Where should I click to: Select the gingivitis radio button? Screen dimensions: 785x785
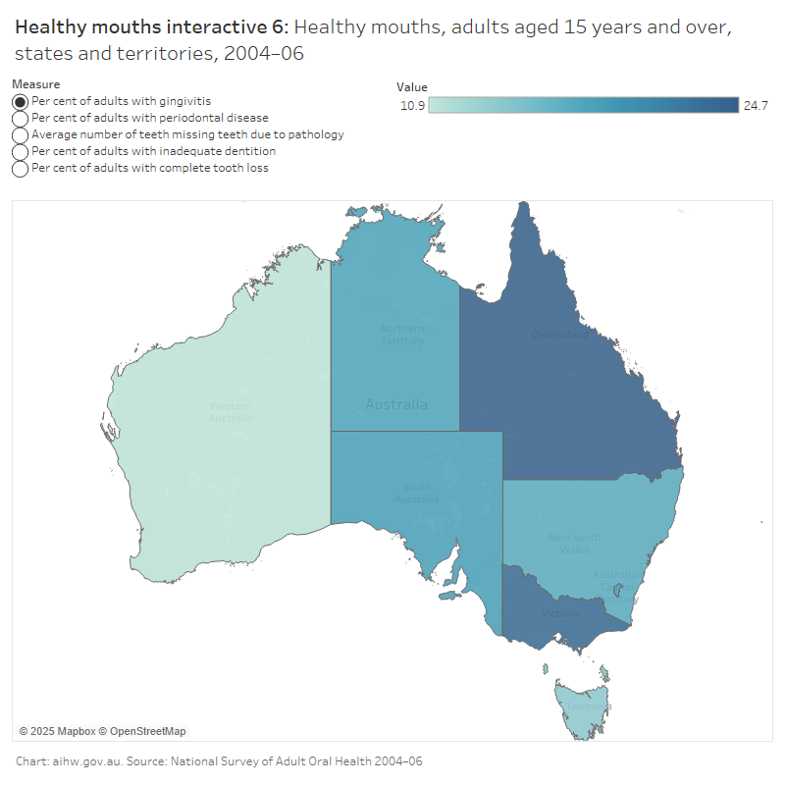click(20, 101)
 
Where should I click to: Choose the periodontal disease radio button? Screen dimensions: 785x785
click(20, 118)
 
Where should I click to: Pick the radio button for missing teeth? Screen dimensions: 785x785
click(20, 134)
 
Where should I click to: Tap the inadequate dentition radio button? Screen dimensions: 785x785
click(20, 151)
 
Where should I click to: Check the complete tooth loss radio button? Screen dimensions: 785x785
click(20, 168)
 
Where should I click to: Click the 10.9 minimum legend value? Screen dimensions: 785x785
click(412, 106)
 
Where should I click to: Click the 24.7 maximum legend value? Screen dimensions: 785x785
click(756, 106)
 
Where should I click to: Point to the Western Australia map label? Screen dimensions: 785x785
click(231, 412)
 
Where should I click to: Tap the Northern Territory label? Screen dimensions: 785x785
click(402, 335)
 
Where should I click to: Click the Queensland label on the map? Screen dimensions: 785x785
click(560, 335)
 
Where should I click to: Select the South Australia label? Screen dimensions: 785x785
click(417, 493)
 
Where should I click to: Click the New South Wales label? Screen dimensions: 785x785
click(575, 544)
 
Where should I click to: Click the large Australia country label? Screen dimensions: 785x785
click(396, 404)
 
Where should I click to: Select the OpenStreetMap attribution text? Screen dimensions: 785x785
click(147, 731)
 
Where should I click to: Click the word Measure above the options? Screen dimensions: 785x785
click(35, 84)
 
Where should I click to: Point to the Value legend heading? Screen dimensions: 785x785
click(412, 86)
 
